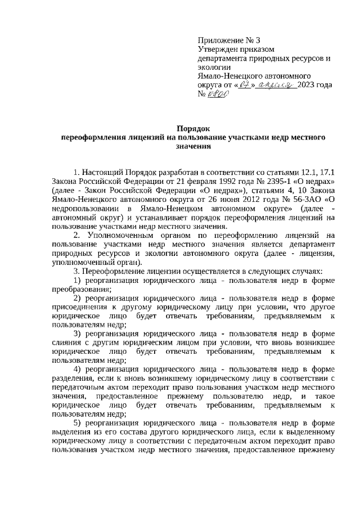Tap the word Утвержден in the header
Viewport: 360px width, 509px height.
click(218, 49)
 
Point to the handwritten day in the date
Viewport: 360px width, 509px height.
click(244, 85)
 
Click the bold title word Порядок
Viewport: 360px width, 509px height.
click(186, 128)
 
